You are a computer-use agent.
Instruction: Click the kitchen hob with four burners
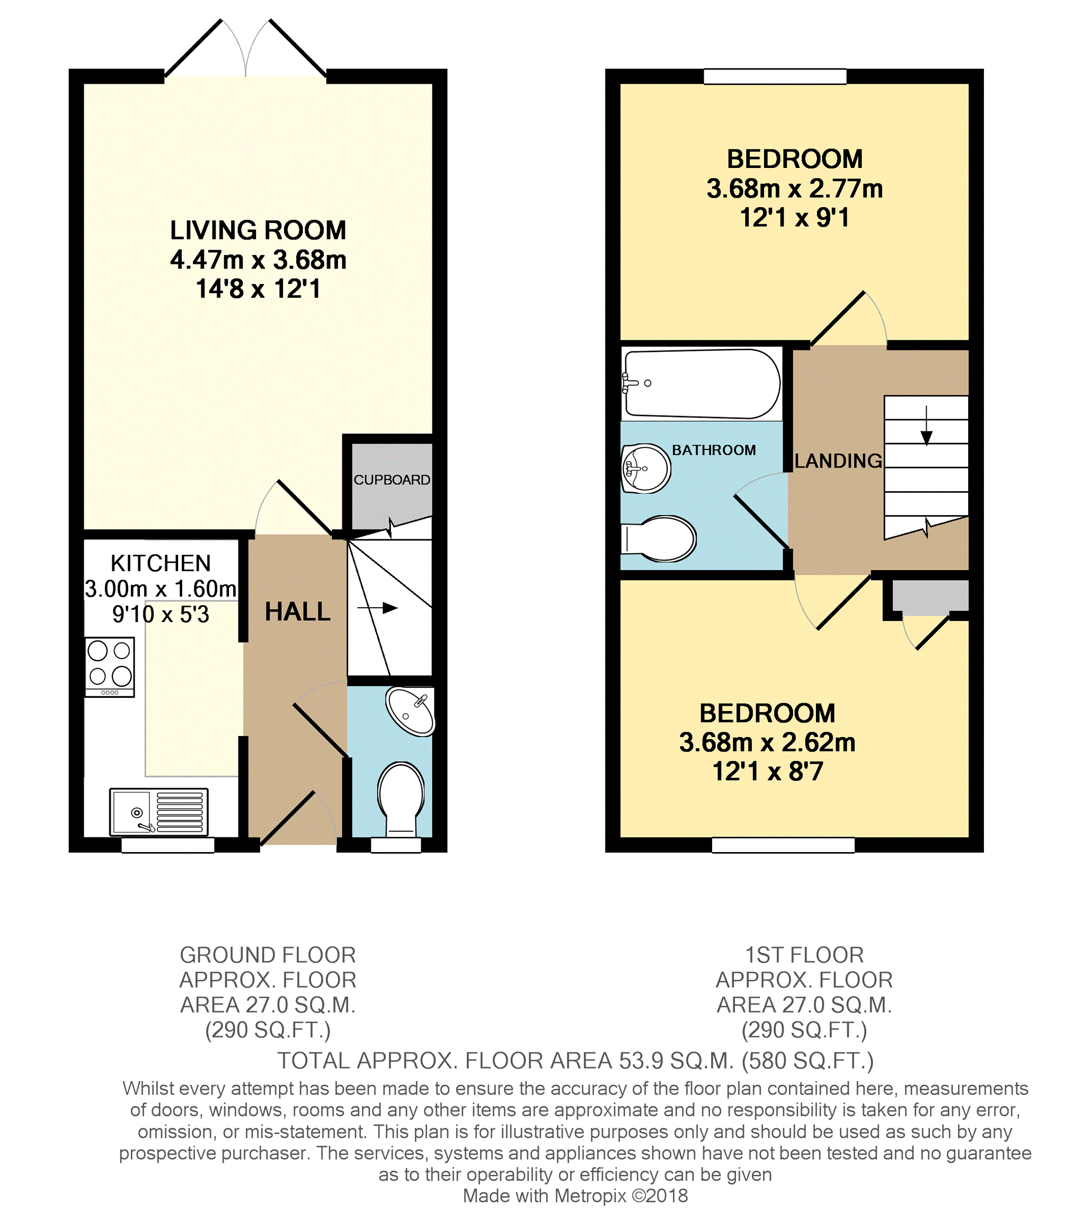pyautogui.click(x=110, y=667)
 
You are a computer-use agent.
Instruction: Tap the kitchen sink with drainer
pyautogui.click(x=159, y=811)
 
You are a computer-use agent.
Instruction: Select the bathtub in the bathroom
pyautogui.click(x=701, y=384)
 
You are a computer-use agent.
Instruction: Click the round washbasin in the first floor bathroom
pyautogui.click(x=645, y=468)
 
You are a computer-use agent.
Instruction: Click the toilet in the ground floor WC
pyautogui.click(x=402, y=800)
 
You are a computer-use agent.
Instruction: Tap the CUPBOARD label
pyautogui.click(x=392, y=480)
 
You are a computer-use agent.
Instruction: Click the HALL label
pyautogui.click(x=297, y=612)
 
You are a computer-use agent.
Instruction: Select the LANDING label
pyautogui.click(x=838, y=461)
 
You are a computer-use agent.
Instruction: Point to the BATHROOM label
pyautogui.click(x=714, y=450)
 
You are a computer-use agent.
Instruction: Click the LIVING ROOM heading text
pyautogui.click(x=258, y=231)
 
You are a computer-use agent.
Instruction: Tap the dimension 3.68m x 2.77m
pyautogui.click(x=794, y=189)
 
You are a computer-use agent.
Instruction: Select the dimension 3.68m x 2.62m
pyautogui.click(x=767, y=742)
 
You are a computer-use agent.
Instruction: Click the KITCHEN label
pyautogui.click(x=161, y=563)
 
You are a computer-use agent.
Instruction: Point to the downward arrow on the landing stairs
pyautogui.click(x=926, y=426)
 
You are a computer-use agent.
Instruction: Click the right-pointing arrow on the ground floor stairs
pyautogui.click(x=377, y=608)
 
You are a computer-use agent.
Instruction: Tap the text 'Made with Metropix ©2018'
pyautogui.click(x=575, y=1195)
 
